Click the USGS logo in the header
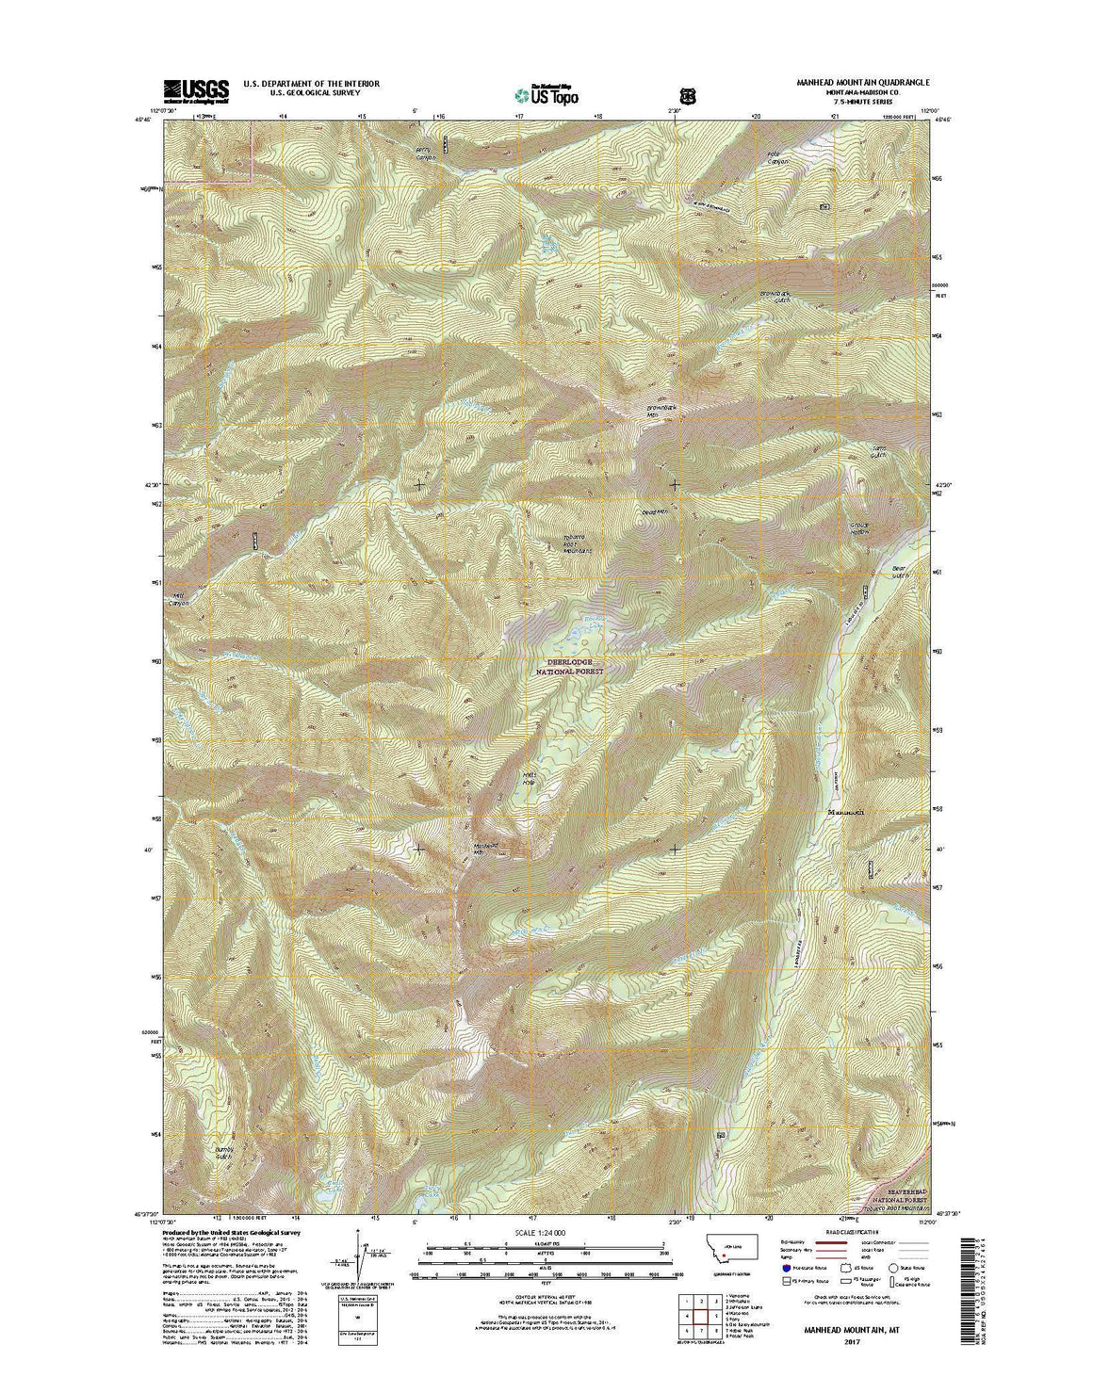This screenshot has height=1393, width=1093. pos(196,90)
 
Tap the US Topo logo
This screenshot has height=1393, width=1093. pos(546,94)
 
